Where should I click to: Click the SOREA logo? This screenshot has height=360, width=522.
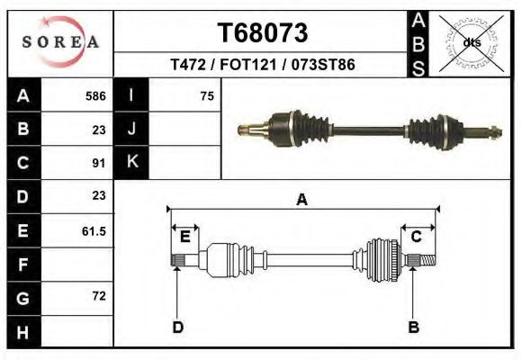(x=60, y=42)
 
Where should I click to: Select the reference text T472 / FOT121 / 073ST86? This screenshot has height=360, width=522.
(x=262, y=66)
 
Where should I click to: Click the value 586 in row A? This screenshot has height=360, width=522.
(x=95, y=95)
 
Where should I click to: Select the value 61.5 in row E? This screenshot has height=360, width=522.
(x=94, y=231)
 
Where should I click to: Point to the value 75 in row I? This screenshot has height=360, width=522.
(x=207, y=95)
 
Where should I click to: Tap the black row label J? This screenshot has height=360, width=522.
(x=131, y=129)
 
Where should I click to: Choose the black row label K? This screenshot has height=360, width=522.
(x=131, y=163)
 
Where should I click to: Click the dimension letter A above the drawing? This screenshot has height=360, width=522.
(x=301, y=200)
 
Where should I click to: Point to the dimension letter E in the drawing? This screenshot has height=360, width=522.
(x=184, y=237)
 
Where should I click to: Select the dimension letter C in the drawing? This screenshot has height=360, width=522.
(x=417, y=237)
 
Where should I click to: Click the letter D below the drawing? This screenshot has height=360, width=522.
(x=177, y=327)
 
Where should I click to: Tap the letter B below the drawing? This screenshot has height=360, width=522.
(x=414, y=327)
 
